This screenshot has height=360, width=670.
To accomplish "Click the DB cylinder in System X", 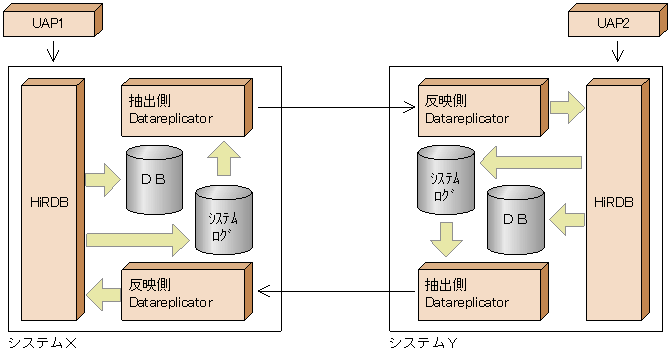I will click(x=154, y=180).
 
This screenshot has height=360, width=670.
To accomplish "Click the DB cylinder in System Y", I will click(x=514, y=219).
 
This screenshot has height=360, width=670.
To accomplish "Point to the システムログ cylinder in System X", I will click(x=224, y=219).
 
